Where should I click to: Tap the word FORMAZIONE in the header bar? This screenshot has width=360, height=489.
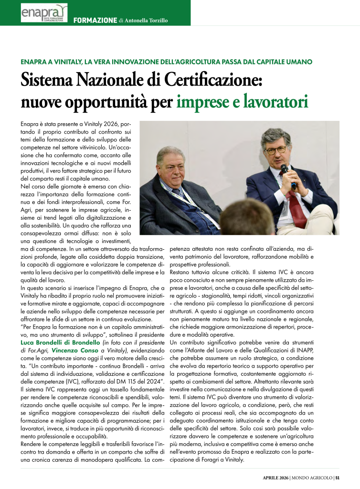(95, 20)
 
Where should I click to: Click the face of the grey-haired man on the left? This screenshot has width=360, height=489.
(171, 167)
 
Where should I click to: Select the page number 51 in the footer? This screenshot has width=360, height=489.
(337, 477)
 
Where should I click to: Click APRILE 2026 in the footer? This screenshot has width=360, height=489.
(276, 477)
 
